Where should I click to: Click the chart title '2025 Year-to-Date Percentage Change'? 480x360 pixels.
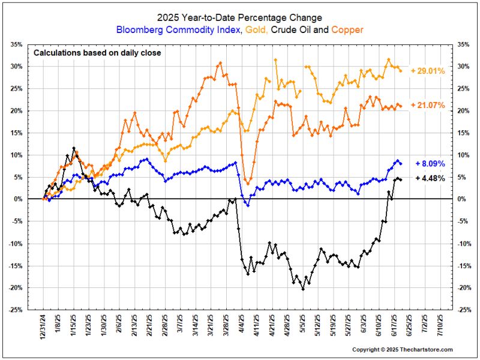click(x=240, y=17)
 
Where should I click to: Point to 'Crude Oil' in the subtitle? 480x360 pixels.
click(x=298, y=29)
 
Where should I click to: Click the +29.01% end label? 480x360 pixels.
click(x=428, y=71)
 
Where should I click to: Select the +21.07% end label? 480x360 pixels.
click(x=428, y=106)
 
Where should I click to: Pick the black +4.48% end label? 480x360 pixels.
click(x=430, y=178)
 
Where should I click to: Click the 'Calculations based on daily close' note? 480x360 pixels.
click(x=97, y=53)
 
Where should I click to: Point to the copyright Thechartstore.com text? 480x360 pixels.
click(x=403, y=350)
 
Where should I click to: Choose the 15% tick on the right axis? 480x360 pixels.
click(x=464, y=133)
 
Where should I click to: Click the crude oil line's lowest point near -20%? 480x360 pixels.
click(x=303, y=289)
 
